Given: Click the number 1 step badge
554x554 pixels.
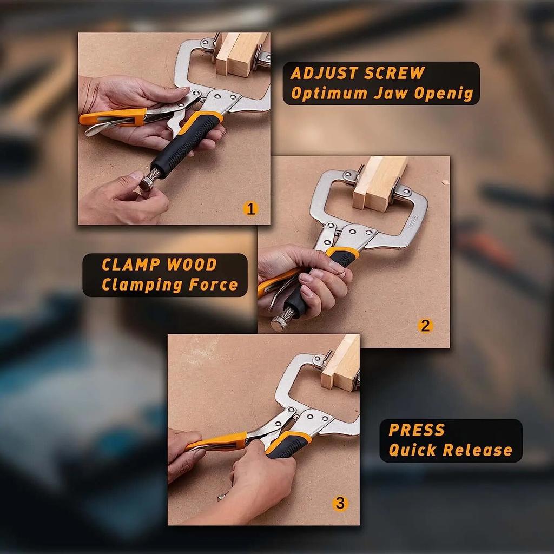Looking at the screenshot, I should (249, 208).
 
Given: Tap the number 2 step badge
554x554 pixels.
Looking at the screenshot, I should (425, 326).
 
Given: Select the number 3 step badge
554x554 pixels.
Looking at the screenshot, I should (339, 503).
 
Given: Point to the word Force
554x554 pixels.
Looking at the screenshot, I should (212, 285).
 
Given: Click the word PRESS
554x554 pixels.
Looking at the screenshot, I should (417, 430).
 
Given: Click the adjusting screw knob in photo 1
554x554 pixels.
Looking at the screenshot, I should (148, 182).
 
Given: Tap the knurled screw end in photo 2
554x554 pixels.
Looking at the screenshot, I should (280, 322).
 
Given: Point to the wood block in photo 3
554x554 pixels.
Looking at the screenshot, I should (341, 362).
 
